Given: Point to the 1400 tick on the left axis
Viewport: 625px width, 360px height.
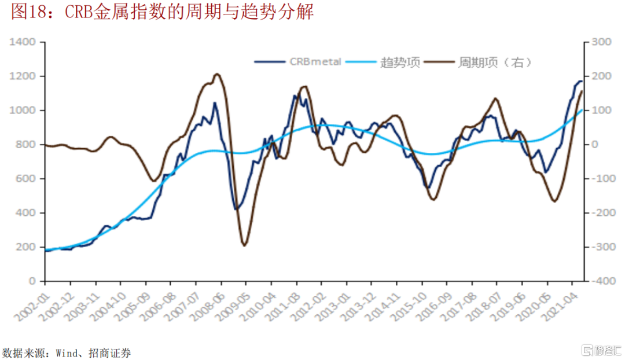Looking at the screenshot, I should click(x=27, y=42).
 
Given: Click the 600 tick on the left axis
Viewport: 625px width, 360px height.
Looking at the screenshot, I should click(x=29, y=179).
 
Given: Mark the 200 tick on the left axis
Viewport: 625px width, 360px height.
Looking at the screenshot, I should click(x=29, y=247).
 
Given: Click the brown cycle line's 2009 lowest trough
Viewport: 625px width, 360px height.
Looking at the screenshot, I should click(x=244, y=245).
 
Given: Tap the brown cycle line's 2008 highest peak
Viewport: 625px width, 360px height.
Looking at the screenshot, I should click(x=216, y=74).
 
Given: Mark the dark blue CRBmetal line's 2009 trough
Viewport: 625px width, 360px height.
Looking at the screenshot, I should click(x=236, y=209).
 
